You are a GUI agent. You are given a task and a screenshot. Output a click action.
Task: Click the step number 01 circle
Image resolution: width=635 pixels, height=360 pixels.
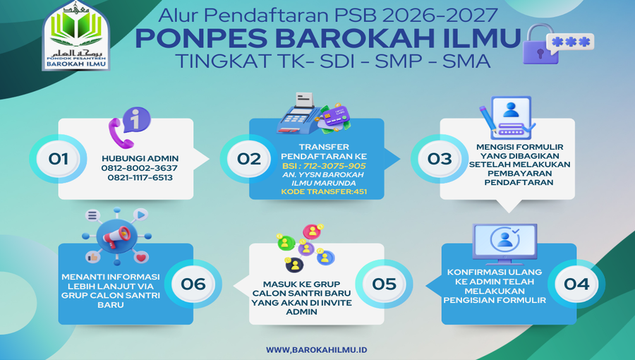click(58, 159)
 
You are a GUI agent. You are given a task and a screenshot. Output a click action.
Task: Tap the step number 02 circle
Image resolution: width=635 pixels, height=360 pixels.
click(248, 159)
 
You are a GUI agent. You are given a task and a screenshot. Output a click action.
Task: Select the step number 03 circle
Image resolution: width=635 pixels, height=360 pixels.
click(440, 159)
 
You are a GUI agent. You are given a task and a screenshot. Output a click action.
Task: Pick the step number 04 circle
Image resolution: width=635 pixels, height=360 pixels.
click(576, 284)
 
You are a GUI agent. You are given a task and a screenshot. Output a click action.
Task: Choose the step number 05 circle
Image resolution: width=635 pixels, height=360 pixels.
click(384, 284)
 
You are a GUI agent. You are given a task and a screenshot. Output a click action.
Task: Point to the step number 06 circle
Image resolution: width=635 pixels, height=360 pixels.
click(193, 284)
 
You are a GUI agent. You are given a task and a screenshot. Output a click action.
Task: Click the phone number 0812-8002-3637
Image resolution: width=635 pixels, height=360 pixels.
click(139, 168)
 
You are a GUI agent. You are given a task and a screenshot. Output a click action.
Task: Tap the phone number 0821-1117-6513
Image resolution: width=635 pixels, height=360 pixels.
click(140, 178)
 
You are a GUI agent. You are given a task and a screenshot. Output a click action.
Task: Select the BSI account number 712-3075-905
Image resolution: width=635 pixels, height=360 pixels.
click(334, 166)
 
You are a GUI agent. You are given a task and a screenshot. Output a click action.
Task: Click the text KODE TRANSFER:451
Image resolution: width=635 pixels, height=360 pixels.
click(324, 192)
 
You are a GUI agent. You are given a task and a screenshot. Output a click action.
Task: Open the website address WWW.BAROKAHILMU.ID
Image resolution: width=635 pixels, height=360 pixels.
click(317, 350)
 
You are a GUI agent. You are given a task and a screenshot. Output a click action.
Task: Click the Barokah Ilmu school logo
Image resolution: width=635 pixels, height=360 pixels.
click(75, 35)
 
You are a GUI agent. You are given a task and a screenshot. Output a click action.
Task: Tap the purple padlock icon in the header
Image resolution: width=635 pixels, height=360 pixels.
click(540, 44)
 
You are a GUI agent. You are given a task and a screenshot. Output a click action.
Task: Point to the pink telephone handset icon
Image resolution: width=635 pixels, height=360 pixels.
click(120, 133)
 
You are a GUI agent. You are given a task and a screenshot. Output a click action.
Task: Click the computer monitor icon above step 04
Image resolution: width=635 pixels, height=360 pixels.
click(505, 244)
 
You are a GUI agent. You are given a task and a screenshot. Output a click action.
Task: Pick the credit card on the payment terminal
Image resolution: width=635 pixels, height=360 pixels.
click(335, 116)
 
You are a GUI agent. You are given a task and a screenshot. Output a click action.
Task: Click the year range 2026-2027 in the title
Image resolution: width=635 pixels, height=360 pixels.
click(440, 16)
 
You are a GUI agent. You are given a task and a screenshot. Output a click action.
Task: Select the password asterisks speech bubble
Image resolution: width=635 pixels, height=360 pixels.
click(570, 42)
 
